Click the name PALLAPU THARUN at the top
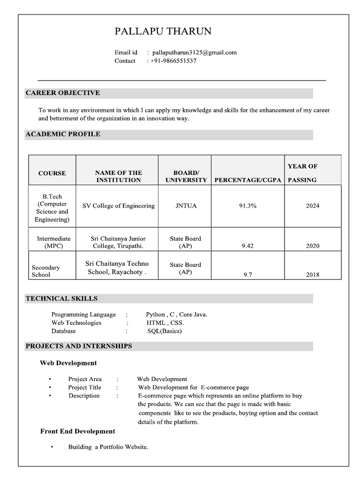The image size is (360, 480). pyautogui.click(x=163, y=32)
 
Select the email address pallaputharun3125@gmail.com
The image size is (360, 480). pyautogui.click(x=194, y=52)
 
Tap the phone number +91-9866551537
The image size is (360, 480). pyautogui.click(x=173, y=61)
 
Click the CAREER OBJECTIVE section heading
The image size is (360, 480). pyautogui.click(x=63, y=93)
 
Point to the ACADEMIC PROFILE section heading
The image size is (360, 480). pyautogui.click(x=63, y=134)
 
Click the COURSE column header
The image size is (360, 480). pyautogui.click(x=52, y=173)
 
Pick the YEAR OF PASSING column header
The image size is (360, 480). pyautogui.click(x=302, y=172)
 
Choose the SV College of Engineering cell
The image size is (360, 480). pyautogui.click(x=119, y=206)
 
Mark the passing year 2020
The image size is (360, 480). pyautogui.click(x=313, y=246)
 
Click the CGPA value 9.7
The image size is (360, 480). pyautogui.click(x=247, y=275)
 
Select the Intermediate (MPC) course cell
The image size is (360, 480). pyautogui.click(x=53, y=242)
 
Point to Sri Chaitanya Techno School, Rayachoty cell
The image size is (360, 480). pyautogui.click(x=117, y=268)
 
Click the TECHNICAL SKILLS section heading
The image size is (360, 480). pyautogui.click(x=61, y=299)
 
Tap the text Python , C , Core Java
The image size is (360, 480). pyautogui.click(x=176, y=315)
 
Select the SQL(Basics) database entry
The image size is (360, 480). pyautogui.click(x=165, y=331)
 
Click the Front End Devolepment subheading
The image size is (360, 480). pyautogui.click(x=77, y=431)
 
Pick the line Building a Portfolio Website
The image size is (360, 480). pyautogui.click(x=108, y=447)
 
